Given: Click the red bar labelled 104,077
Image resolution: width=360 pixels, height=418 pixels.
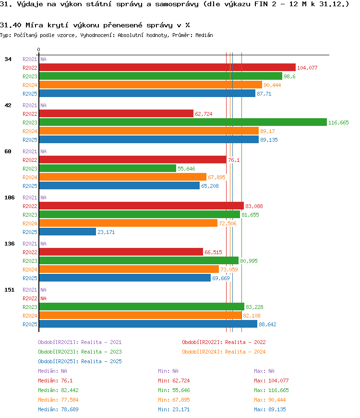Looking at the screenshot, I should click(167, 68).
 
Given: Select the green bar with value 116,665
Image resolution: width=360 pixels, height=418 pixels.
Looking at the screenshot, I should click(182, 123).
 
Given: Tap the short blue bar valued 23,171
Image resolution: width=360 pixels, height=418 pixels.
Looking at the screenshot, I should click(68, 232).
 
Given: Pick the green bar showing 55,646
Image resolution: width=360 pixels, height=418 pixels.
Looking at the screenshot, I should click(108, 169).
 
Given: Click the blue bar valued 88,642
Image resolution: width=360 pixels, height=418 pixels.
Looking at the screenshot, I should click(148, 324).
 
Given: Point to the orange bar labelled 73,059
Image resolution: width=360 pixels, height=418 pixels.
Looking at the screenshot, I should click(129, 270).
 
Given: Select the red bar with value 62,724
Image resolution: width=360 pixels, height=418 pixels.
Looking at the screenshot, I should click(116, 114).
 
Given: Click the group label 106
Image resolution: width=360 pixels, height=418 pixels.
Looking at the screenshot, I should click(10, 197).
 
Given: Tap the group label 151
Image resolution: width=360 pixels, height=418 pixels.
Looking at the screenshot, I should click(10, 290).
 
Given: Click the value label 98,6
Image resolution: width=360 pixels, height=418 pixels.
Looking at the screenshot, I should click(289, 76).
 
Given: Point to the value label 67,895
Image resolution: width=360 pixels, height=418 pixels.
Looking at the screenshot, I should click(216, 177).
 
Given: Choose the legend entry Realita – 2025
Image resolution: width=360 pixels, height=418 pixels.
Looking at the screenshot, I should click(80, 361).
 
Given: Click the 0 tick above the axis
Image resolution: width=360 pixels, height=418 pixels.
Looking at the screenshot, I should click(39, 49).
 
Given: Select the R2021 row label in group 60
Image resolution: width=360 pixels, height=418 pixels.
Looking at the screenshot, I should click(30, 151).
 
